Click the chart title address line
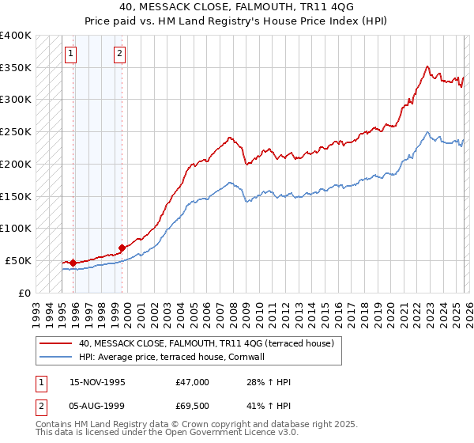237,7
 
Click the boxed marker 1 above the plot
71,54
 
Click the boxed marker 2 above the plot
119,54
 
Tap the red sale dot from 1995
73,263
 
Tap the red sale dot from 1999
122,248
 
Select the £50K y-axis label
18,260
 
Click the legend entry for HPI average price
176,357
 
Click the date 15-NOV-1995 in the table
97,382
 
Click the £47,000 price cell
193,382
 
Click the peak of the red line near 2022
427,66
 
